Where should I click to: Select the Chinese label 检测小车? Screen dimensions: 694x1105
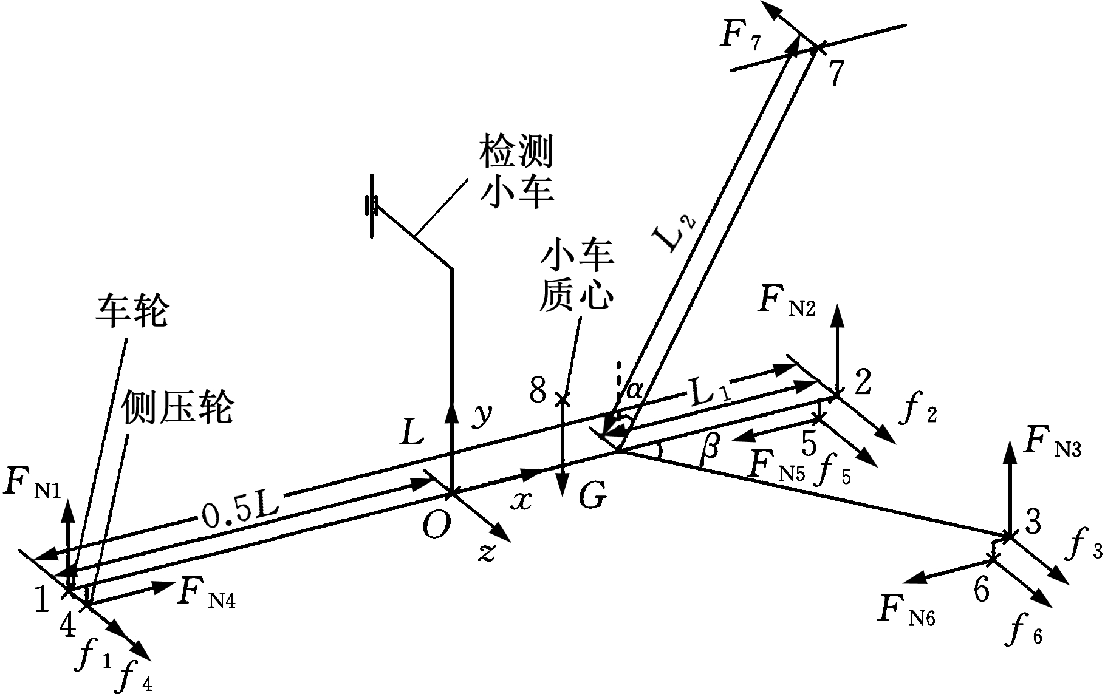tap(516, 172)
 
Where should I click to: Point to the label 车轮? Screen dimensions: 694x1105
tap(132, 313)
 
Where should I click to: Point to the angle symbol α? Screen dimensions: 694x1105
tap(634, 389)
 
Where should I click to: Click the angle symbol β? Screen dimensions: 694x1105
tap(710, 448)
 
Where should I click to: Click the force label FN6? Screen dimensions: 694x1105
tap(906, 610)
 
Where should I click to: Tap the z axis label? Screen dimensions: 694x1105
tap(486, 553)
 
